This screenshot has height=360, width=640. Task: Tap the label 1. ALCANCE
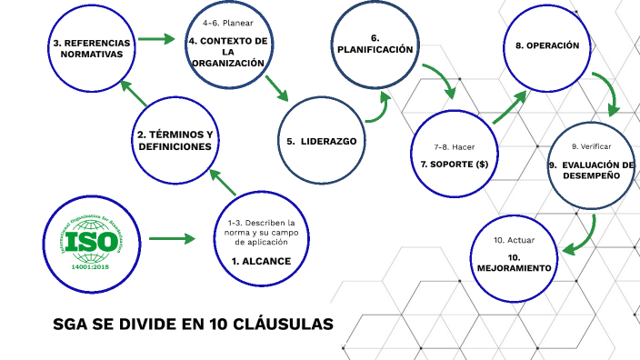pyautogui.click(x=261, y=261)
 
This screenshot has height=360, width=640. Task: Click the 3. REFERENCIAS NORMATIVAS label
pyautogui.click(x=91, y=48)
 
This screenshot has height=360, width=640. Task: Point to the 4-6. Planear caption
pyautogui.click(x=228, y=22)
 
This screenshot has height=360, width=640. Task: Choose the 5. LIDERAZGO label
pyautogui.click(x=320, y=141)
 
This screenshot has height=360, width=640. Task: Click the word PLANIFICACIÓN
pyautogui.click(x=375, y=49)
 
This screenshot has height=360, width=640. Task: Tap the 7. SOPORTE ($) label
pyautogui.click(x=455, y=165)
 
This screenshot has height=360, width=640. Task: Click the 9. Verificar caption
pyautogui.click(x=591, y=146)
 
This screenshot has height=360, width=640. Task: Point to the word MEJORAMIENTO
pyautogui.click(x=514, y=269)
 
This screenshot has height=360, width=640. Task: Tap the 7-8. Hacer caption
pyautogui.click(x=455, y=146)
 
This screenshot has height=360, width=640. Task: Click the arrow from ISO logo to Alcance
pyautogui.click(x=173, y=239)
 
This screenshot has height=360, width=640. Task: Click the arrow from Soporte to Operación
pyautogui.click(x=510, y=106)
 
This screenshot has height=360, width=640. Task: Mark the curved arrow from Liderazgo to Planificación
pyautogui.click(x=377, y=108)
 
